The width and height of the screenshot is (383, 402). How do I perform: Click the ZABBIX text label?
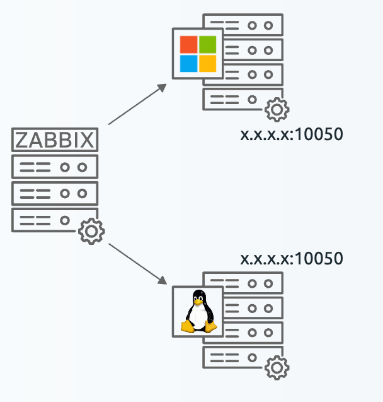[55, 139]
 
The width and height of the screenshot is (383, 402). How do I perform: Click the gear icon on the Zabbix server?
[91, 231]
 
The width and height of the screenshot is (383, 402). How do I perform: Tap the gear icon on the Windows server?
[276, 110]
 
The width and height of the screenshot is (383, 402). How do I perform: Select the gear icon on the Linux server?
[276, 368]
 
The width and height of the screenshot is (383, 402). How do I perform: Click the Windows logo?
[198, 54]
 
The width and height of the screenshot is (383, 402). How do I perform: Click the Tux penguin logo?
[198, 312]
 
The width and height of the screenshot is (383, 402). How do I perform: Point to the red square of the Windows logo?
[188, 44]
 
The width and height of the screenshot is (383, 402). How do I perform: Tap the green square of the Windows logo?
[207, 44]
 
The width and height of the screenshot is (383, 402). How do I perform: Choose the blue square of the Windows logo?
[188, 64]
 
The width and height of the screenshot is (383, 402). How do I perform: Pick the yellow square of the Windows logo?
[207, 64]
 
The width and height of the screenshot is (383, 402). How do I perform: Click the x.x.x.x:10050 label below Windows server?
[291, 135]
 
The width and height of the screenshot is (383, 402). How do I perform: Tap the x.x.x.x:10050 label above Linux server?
[291, 258]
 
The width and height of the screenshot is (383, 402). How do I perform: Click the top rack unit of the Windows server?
[252, 25]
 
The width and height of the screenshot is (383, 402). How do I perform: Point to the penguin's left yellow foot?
[188, 326]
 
